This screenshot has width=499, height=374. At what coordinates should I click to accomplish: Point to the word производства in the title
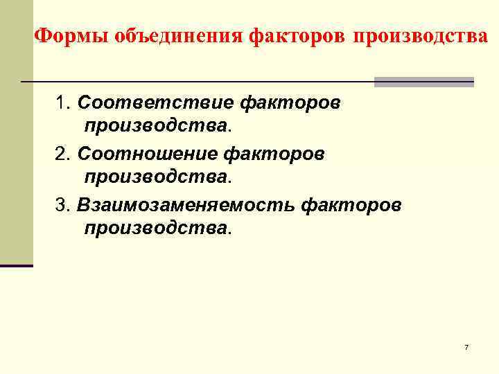pyautogui.click(x=420, y=35)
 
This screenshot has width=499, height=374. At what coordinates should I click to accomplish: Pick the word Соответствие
pyautogui.click(x=155, y=103)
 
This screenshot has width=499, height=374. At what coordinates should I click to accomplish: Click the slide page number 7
pyautogui.click(x=466, y=346)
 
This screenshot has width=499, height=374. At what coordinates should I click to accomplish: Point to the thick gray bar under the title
pyautogui.click(x=423, y=82)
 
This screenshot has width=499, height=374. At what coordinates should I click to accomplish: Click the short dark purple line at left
pyautogui.click(x=16, y=265)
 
